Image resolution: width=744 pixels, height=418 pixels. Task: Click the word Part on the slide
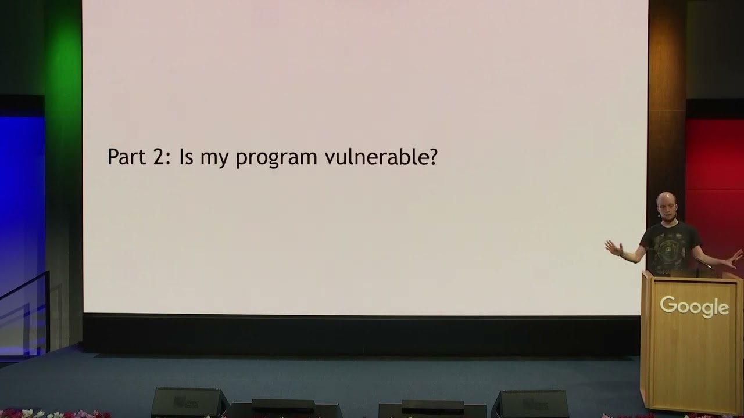pos(127,157)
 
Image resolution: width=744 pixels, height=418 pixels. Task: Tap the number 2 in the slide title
pos(160,157)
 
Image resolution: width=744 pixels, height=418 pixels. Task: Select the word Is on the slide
pos(187,157)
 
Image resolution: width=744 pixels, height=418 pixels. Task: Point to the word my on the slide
pos(214,159)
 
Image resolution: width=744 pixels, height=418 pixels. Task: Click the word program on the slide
pos(276,159)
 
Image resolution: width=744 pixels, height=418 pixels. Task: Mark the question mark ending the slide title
pos(431,156)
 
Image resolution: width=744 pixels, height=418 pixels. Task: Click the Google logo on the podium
pos(694,307)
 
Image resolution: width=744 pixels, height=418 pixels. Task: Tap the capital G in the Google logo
pos(668,305)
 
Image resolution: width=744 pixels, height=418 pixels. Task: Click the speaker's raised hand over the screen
pos(613,247)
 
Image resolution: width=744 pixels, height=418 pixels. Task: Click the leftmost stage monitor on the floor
pos(189,402)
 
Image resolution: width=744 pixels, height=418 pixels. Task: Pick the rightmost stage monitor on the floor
pos(531,404)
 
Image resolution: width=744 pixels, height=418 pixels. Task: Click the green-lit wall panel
pos(63,133)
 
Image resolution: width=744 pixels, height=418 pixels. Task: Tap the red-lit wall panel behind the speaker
pos(714,186)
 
